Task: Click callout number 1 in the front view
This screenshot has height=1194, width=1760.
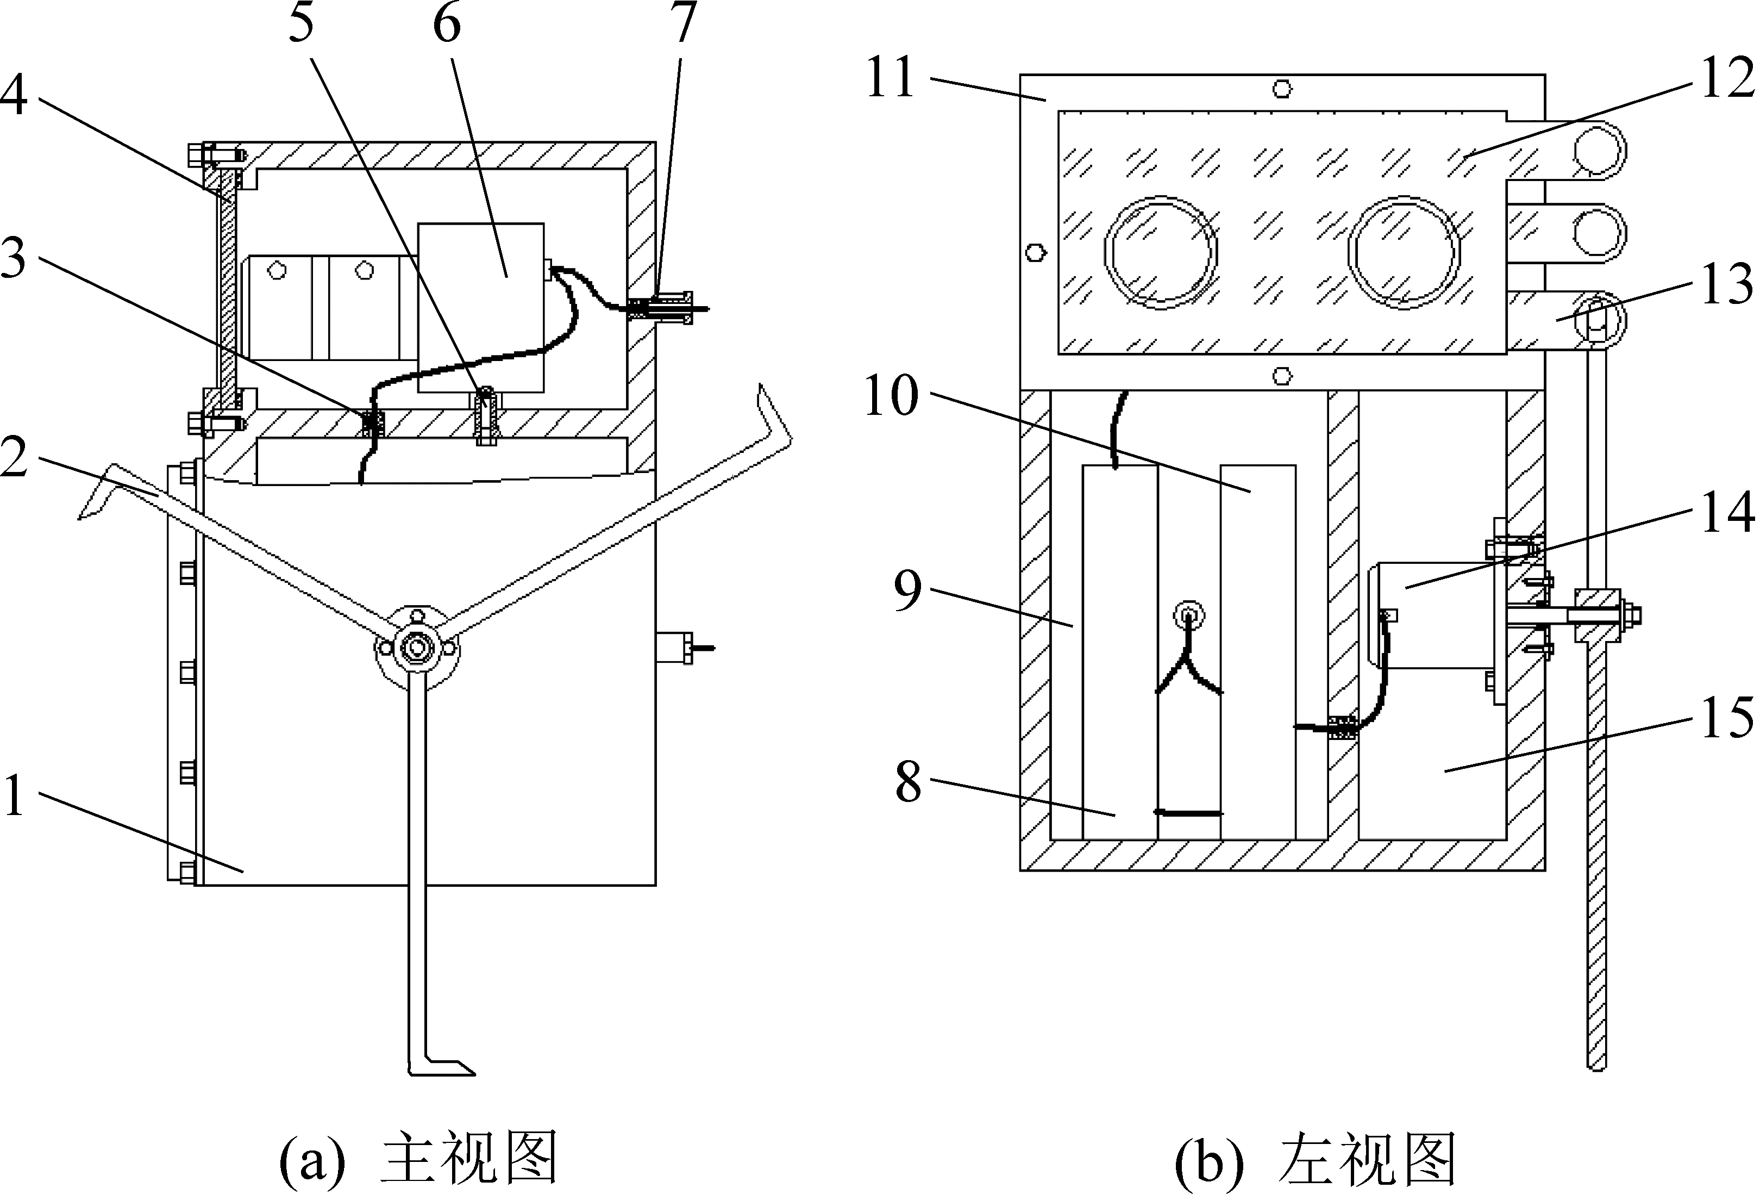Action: (x=15, y=795)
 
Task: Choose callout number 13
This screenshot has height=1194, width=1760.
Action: (x=1727, y=285)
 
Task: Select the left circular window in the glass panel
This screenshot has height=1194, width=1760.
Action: (x=1161, y=253)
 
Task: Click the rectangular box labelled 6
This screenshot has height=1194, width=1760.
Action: (x=480, y=307)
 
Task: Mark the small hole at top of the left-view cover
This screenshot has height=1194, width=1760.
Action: (x=1281, y=89)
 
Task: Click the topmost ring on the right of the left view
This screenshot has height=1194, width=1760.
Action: (x=1598, y=150)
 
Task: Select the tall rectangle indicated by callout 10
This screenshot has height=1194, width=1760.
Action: (x=1257, y=651)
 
